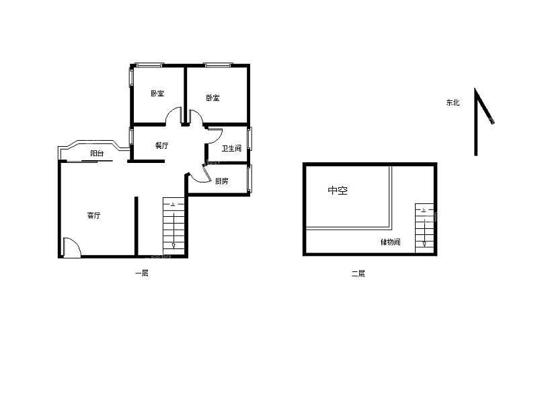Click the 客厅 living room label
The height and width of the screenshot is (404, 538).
pyautogui.click(x=93, y=215)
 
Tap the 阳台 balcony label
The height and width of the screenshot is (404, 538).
pyautogui.click(x=97, y=154)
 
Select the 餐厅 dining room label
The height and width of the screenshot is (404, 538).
pyautogui.click(x=161, y=145)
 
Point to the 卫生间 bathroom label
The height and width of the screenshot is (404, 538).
pyautogui.click(x=231, y=148)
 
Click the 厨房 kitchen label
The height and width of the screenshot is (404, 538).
pyautogui.click(x=222, y=181)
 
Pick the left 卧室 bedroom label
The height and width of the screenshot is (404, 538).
pyautogui.click(x=157, y=94)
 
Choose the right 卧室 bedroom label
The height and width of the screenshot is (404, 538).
pyautogui.click(x=213, y=98)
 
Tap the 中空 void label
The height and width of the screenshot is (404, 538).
pyautogui.click(x=338, y=191)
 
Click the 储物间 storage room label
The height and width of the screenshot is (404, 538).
pyautogui.click(x=391, y=242)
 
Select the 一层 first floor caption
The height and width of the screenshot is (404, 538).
pyautogui.click(x=142, y=273)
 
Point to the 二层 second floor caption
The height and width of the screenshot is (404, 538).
pyautogui.click(x=358, y=273)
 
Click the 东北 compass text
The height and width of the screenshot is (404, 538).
pyautogui.click(x=453, y=102)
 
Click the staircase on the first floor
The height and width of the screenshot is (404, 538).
pyautogui.click(x=174, y=226)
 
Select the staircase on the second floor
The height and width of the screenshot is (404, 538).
pyautogui.click(x=424, y=228)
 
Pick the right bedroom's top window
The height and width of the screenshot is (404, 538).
pyautogui.click(x=218, y=65)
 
